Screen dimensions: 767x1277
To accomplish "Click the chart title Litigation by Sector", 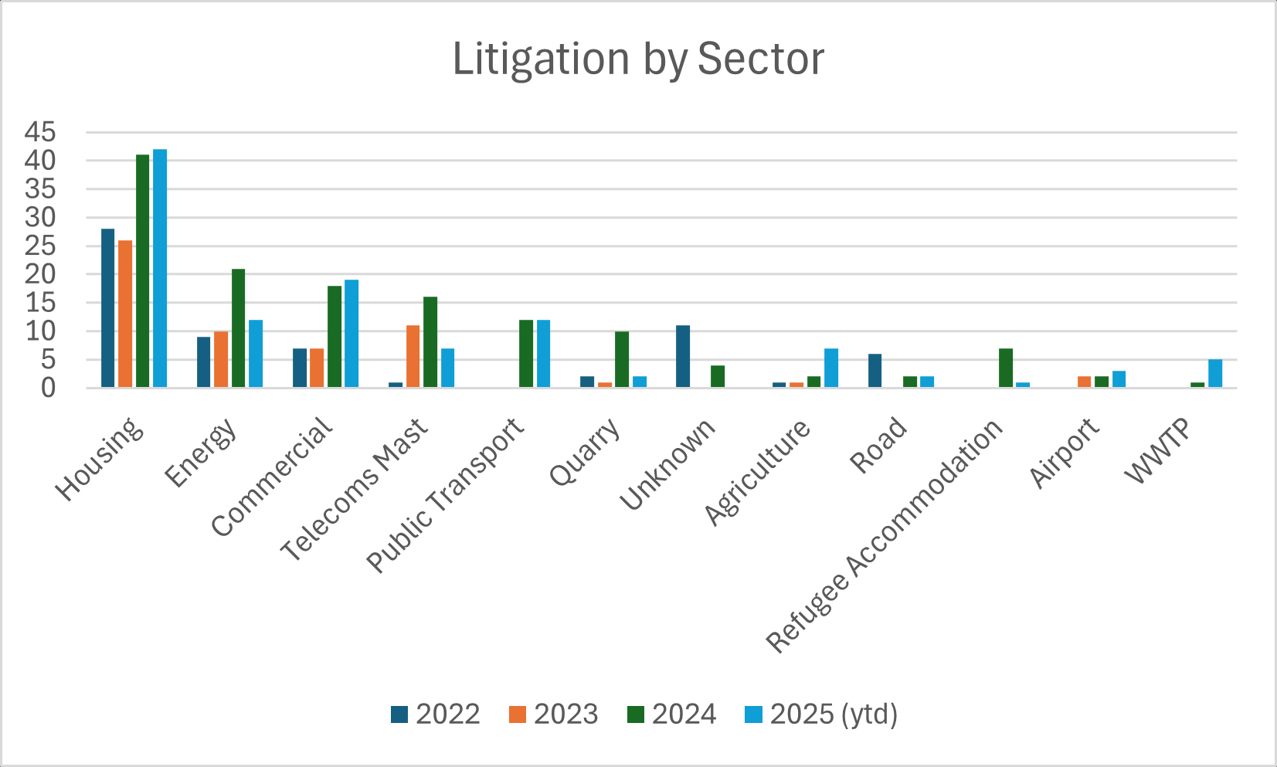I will pos(638,59).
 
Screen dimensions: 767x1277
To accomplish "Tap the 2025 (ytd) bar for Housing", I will pos(160,268).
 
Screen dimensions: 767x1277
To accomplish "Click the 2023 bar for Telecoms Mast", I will pos(413,356).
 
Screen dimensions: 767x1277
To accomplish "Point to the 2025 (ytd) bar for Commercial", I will pos(352,333).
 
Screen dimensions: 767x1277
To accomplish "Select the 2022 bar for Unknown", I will pos(683,356).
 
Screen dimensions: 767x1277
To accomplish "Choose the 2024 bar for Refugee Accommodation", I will pos(1005,368).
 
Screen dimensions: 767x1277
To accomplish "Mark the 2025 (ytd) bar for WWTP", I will pos(1215,373).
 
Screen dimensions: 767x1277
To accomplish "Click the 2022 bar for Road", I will pos(875,371).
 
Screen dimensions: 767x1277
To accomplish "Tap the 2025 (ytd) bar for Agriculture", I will pos(831,368).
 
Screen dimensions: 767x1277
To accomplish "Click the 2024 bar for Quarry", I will pos(622,359).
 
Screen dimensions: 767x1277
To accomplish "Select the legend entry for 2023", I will pos(553,714).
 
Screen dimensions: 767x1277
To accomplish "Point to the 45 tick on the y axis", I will pos(40,133).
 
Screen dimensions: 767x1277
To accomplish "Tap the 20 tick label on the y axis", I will pos(40,274).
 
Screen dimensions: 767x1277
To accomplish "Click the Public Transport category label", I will pos(447,495).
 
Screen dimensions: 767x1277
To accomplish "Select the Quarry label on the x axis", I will pos(586,453).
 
